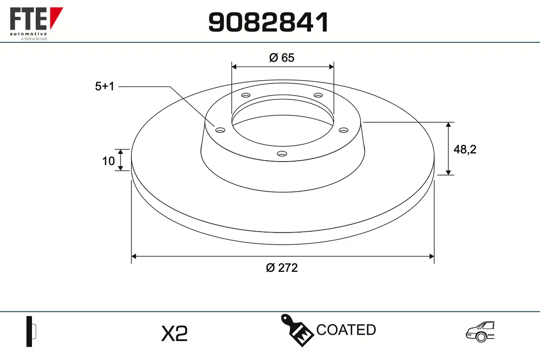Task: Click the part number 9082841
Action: click(x=268, y=22)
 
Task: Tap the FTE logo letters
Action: click(x=28, y=18)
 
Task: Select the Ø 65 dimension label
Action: click(x=282, y=58)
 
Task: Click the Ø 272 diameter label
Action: click(x=282, y=268)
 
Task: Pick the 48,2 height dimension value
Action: click(x=465, y=149)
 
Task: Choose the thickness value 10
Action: click(x=108, y=161)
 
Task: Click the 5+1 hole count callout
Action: click(x=104, y=86)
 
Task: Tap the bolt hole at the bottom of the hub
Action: click(x=282, y=153)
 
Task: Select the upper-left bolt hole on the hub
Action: click(x=246, y=95)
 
